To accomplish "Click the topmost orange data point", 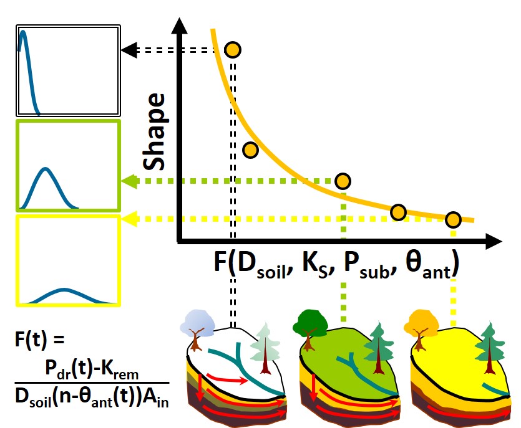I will point(232,49).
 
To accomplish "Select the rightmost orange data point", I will point(453,219).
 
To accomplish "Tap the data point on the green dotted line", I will point(343,181).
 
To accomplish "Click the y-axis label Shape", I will point(153,132).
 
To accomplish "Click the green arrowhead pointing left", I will point(129,181).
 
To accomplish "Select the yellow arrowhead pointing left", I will point(130,218).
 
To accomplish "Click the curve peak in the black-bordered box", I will point(24,32).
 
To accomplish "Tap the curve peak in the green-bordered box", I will point(46,169).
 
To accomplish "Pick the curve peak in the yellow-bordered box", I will point(65,290).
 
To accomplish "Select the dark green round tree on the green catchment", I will point(313,321).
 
